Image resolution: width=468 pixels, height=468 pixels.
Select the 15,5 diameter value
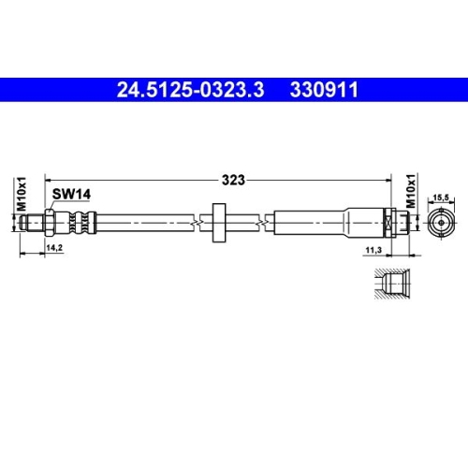click(441, 197)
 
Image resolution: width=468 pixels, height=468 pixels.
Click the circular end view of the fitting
click(441, 222)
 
